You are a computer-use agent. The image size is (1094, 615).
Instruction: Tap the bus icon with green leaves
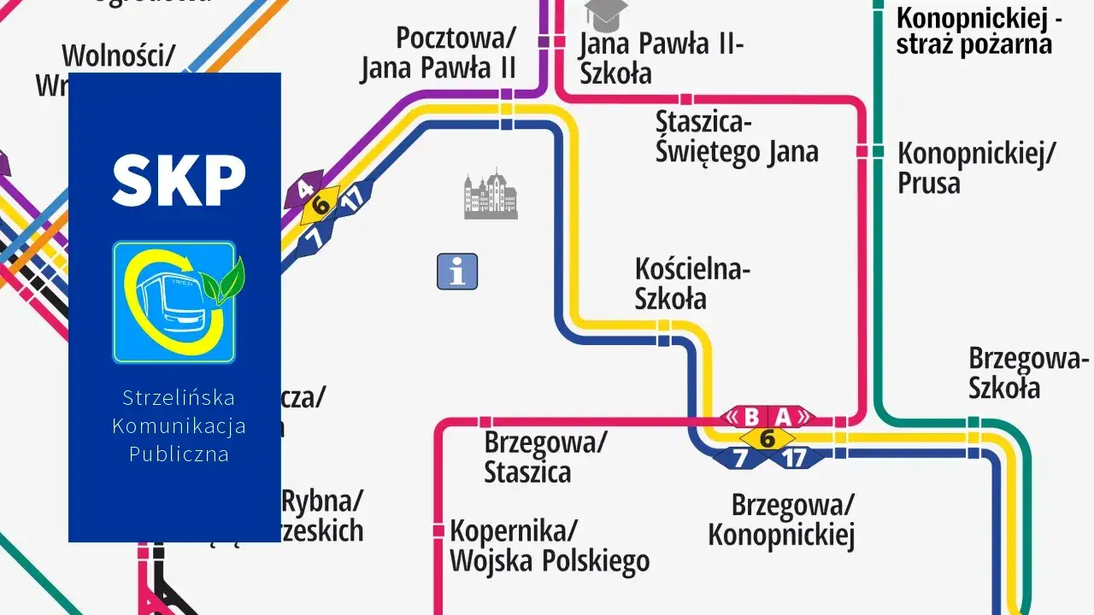tap(174, 302)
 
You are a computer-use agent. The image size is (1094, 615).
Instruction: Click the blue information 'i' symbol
tap(457, 272)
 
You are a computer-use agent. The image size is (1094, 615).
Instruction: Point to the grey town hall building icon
tap(491, 196)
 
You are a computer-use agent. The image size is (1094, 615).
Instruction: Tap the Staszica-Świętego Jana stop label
tap(737, 137)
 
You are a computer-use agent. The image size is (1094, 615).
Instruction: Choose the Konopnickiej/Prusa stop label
tap(976, 168)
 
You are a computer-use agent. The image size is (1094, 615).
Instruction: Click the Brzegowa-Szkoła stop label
tap(1028, 373)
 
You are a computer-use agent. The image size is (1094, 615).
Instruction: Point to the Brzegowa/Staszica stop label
tap(545, 457)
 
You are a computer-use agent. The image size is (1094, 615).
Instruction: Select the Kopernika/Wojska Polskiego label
tap(550, 546)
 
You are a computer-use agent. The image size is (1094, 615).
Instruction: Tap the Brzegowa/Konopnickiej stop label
tap(781, 520)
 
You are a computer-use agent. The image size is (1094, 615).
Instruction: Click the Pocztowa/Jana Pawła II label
tap(438, 53)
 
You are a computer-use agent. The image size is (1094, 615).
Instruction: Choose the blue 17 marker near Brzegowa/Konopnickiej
tap(794, 458)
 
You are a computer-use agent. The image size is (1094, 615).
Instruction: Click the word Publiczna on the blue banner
tap(179, 454)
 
